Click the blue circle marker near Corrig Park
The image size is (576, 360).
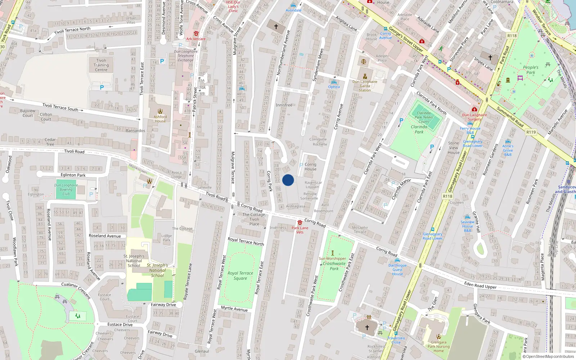[288, 180]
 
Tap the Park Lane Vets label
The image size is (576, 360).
[300, 230]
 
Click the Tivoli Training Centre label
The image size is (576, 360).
[101, 65]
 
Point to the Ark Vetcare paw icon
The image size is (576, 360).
[196, 33]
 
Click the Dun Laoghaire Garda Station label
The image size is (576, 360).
[365, 86]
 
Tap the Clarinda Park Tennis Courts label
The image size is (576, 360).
[424, 117]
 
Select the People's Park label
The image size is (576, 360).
[531, 70]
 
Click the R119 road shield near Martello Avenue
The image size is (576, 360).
[531, 132]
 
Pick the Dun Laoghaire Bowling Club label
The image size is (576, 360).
[66, 189]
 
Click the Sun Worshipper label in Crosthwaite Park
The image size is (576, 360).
[332, 258]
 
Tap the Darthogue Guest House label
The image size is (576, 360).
[397, 270]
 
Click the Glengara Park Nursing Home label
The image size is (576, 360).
[438, 346]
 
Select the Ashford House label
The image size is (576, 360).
[160, 119]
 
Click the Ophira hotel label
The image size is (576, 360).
[334, 87]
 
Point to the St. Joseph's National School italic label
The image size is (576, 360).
[157, 270]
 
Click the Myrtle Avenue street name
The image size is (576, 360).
[234, 309]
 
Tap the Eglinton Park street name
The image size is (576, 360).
[73, 175]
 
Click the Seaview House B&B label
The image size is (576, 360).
[467, 226]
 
